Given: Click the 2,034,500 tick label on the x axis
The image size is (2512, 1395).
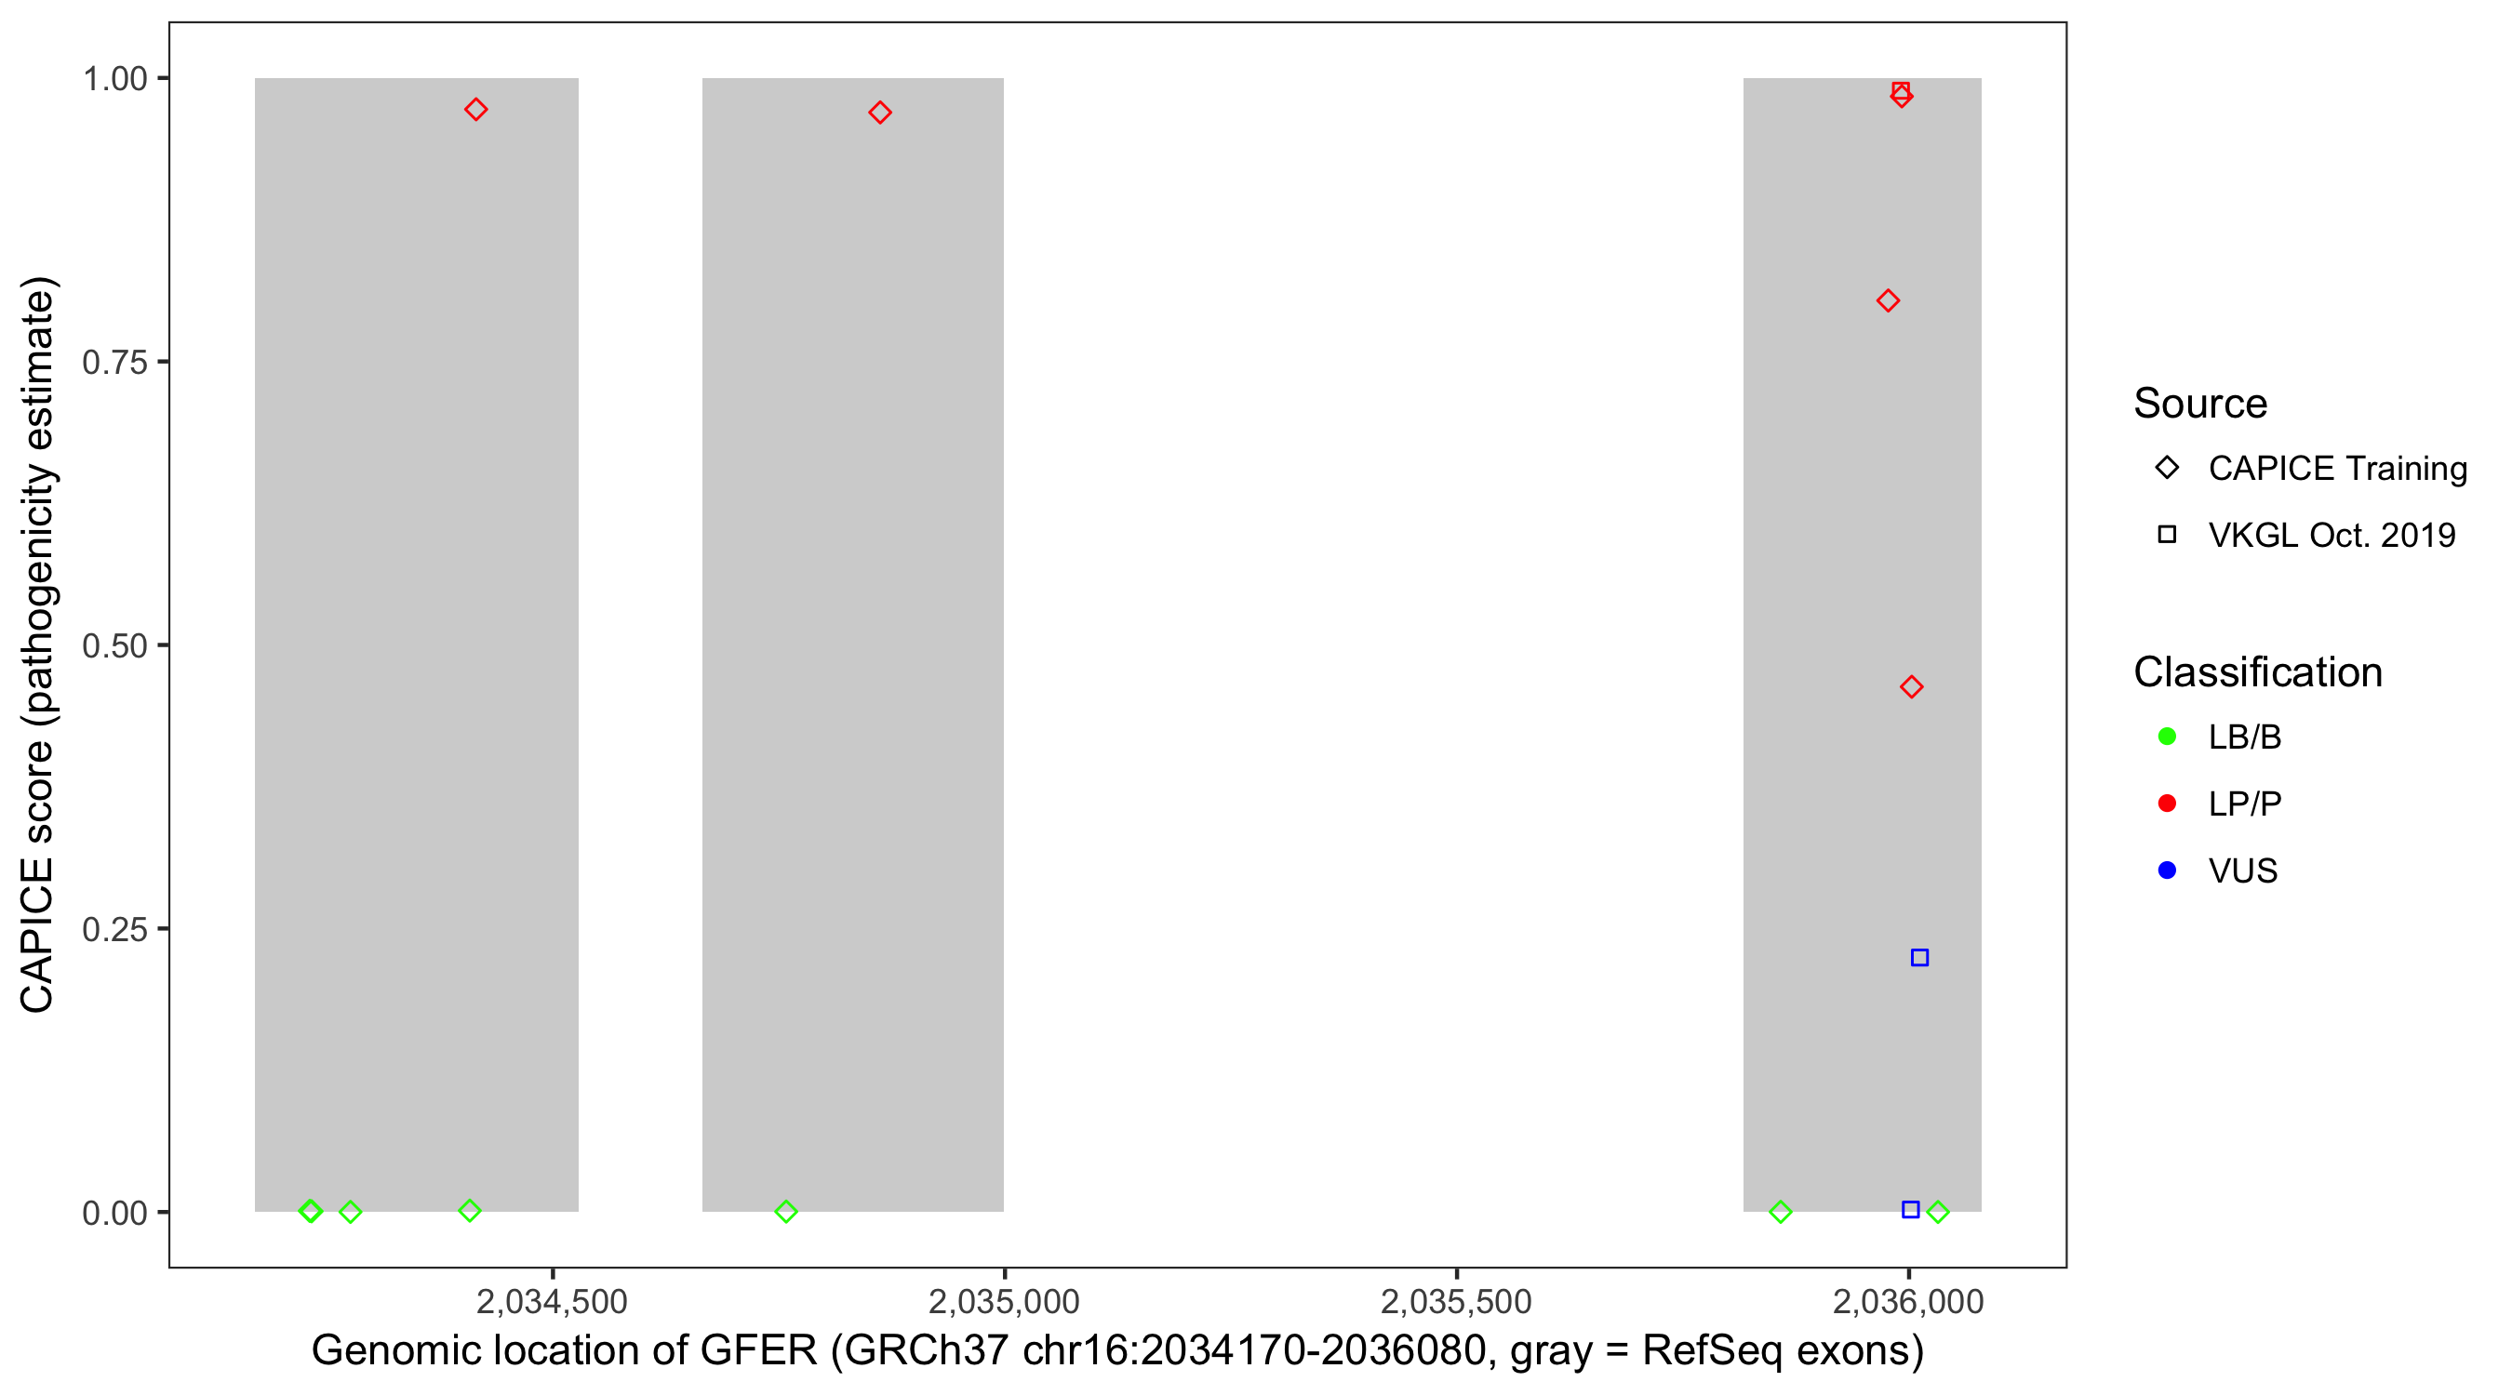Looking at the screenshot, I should pos(551,1301).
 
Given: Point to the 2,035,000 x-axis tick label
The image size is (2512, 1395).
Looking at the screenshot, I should pos(1004,1301).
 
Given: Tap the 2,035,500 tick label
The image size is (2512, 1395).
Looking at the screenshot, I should pos(1456,1301).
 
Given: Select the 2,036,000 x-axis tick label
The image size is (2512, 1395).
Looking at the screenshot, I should pos(1907,1301).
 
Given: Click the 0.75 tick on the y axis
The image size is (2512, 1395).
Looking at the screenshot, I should pos(114,363).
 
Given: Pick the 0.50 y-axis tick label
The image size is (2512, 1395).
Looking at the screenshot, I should pos(114,645).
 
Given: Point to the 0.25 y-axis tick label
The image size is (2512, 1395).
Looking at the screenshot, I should pos(114,929).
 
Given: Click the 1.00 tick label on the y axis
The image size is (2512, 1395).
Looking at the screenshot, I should pos(114,79).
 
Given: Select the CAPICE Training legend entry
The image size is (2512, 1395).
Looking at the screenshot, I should pos(2336,468).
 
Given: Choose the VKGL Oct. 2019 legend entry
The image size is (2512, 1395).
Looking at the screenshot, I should pos(2331,535).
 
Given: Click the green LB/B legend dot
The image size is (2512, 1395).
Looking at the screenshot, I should pos(2167,737).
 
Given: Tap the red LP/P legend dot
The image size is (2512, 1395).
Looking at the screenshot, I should pos(2167,804).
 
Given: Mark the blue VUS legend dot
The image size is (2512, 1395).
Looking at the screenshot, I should pos(2167,870).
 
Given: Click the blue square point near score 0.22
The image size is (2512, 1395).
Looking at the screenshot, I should pos(1919,957).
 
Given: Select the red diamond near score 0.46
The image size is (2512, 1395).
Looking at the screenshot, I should pos(1911,687).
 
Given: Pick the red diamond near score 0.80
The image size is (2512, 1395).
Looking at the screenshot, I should pos(1888,300).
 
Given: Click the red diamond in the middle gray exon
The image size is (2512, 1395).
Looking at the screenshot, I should pos(879,113).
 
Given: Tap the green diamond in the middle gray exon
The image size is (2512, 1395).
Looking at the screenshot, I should pos(786,1212).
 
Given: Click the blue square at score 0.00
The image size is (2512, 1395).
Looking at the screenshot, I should pos(1910,1210).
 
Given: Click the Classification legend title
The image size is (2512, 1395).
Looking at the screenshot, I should pos(2257,672).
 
